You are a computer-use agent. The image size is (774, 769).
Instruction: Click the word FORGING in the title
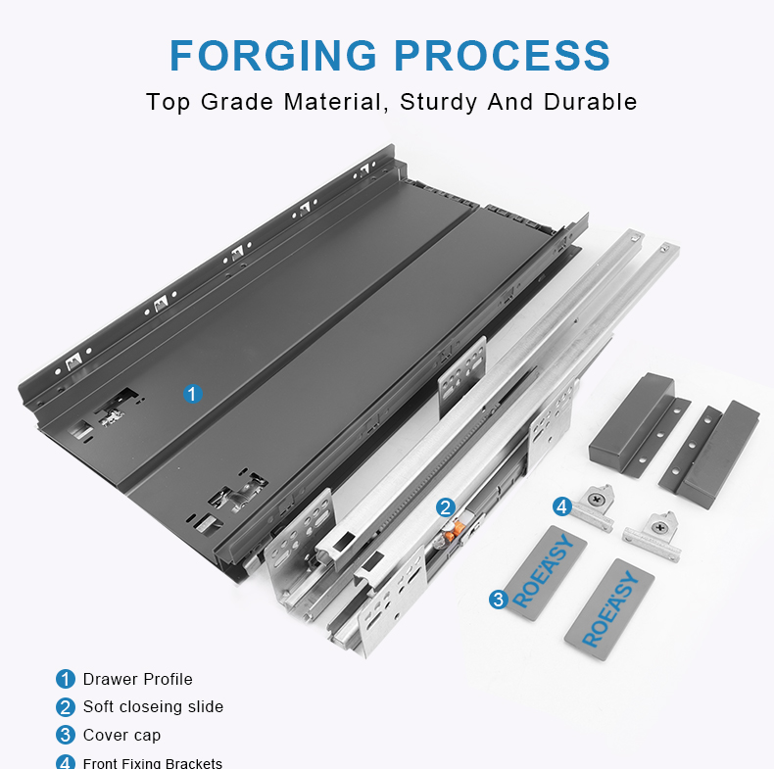[273, 55]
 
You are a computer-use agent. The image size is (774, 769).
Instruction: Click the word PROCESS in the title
[503, 55]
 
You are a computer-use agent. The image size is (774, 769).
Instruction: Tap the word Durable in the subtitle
[591, 102]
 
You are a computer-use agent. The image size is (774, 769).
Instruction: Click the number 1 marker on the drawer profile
[192, 394]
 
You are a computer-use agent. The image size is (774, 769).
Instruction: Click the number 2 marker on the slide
[446, 506]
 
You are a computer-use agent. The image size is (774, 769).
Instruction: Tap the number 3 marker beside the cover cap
[499, 600]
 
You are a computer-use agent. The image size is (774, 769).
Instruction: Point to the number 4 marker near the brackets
[561, 506]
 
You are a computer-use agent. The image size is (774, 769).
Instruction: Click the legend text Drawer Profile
[138, 679]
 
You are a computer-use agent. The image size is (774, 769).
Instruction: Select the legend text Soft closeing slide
[153, 707]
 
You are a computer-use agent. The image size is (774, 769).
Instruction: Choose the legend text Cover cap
[121, 735]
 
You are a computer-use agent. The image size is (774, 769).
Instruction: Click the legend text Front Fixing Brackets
[153, 763]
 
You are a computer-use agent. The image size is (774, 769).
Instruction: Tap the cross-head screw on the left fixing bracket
[598, 500]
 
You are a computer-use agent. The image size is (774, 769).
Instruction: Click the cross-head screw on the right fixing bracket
[660, 528]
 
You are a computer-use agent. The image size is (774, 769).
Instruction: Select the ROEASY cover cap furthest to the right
[609, 609]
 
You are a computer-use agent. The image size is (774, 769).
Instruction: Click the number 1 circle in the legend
[66, 679]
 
